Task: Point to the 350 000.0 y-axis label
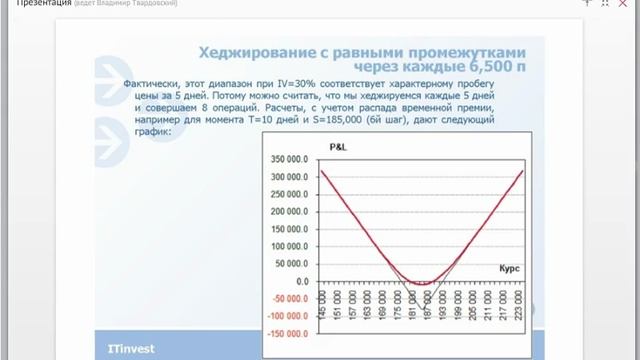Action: coord(290,159)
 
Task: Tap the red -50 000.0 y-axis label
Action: coord(291,297)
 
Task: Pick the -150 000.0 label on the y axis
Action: coord(288,332)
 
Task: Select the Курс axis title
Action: coord(510,268)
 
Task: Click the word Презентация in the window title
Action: coord(36,5)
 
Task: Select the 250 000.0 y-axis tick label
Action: coord(290,193)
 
